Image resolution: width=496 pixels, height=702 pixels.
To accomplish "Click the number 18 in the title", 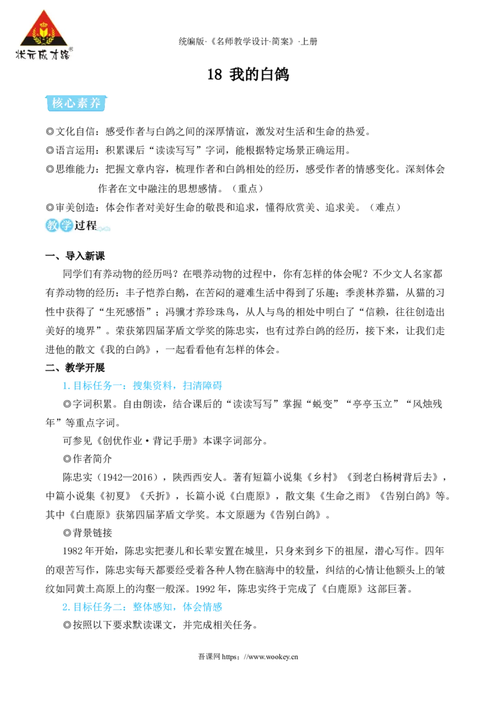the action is (x=215, y=74).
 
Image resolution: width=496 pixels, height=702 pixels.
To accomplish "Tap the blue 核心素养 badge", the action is (x=76, y=103).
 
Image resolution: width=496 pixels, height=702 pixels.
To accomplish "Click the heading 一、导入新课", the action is (x=75, y=256).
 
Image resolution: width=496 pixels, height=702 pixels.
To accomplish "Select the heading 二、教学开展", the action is (x=75, y=368).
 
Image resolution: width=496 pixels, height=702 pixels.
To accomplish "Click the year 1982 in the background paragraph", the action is (x=73, y=551).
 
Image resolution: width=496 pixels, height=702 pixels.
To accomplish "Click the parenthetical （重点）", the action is (x=247, y=189).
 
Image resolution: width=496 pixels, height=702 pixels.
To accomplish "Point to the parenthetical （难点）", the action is (x=385, y=207).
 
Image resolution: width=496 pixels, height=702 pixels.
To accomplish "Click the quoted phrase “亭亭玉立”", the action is (x=373, y=404).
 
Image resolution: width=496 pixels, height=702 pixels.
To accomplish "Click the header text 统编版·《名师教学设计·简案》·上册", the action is (x=248, y=42).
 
